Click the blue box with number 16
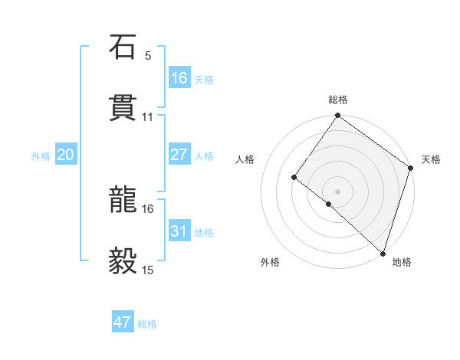point(179,78)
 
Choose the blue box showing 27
point(179,155)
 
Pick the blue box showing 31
point(179,231)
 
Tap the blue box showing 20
point(66,155)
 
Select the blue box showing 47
point(123,322)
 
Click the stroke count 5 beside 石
point(148,56)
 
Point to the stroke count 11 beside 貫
point(148,117)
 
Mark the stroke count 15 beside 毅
point(148,270)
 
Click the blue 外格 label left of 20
point(41,156)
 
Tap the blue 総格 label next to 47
point(147,324)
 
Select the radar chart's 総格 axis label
point(338,100)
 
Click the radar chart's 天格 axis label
point(431,159)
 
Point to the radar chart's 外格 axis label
point(270,262)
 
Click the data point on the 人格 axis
point(294,178)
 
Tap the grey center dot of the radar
point(338,191)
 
